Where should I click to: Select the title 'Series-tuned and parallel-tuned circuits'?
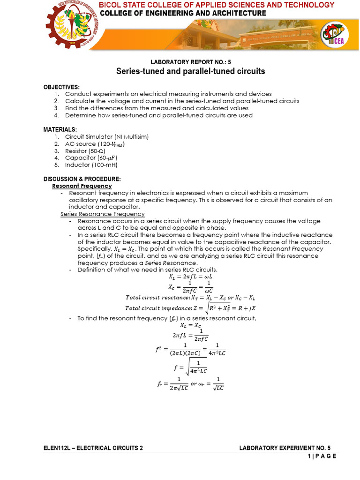pos(190,72)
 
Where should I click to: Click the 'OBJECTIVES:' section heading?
pos(61,88)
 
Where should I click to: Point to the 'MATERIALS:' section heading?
pos(60,129)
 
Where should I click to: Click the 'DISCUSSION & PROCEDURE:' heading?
pos(82,179)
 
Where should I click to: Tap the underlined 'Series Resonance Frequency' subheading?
pos(103,214)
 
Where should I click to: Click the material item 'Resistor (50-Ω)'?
pos(85,151)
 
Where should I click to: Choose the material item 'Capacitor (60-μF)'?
pos(87,158)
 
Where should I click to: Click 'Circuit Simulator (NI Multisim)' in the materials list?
pos(106,136)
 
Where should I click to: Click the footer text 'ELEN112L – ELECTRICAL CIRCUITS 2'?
pos(93,448)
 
